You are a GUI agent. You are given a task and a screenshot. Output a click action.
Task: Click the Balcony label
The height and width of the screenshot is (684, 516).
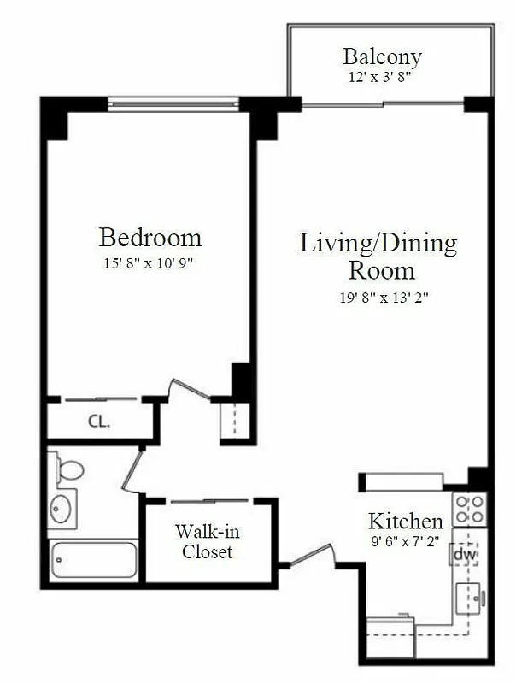click(x=382, y=57)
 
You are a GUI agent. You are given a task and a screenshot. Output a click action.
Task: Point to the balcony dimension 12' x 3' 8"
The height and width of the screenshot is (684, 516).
click(x=382, y=77)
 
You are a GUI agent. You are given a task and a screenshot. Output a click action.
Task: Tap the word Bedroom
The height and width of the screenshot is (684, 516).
click(x=150, y=237)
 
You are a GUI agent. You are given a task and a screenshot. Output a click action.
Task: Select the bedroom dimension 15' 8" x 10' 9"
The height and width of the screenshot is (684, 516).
click(x=150, y=263)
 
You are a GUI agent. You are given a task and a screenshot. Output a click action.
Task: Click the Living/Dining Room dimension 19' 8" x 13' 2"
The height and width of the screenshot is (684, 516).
click(x=378, y=298)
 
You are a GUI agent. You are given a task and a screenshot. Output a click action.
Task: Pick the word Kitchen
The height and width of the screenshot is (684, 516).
click(x=405, y=521)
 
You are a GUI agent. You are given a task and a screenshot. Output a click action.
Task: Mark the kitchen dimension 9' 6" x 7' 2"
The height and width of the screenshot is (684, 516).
click(x=405, y=540)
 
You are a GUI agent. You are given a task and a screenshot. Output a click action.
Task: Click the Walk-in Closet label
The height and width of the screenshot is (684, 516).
click(x=207, y=541)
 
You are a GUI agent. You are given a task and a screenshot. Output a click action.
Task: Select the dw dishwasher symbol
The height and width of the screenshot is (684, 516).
click(x=464, y=555)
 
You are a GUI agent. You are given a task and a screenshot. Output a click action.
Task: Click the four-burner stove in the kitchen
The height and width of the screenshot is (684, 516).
click(x=469, y=510)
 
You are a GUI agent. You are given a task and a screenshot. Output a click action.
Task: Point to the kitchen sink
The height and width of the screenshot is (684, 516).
click(x=469, y=598)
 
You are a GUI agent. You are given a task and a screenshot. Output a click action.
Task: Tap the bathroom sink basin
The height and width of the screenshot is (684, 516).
click(x=62, y=510)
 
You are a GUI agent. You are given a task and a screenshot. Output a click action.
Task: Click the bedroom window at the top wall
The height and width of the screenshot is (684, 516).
click(x=173, y=105)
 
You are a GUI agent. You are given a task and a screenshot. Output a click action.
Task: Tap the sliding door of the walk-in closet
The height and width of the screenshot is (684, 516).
click(x=209, y=500)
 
